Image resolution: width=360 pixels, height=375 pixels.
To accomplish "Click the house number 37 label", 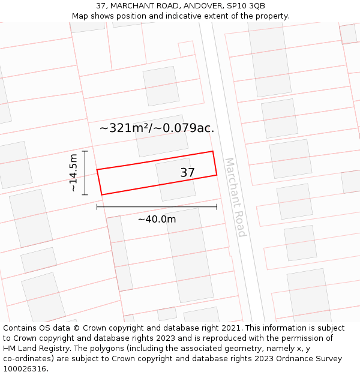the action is pos(188,173).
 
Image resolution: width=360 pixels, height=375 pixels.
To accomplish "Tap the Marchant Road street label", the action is pos(235,197).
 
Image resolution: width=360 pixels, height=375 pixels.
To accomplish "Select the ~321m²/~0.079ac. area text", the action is pos(157,128).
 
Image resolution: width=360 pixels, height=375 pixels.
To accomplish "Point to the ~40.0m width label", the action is pos(157,219).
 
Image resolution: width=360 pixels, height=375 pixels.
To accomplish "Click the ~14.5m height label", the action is pos(73,173).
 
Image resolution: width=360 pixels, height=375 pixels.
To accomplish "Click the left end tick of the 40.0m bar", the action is pos(97,207).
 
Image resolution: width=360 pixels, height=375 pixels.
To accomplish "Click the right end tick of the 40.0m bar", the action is pos(217,207).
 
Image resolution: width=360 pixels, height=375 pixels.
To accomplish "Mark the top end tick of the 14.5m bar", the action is pos(85,151).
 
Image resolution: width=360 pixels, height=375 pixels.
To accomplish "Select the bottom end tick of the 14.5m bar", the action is pos(85,194).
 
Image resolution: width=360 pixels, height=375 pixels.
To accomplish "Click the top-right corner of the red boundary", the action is pos(213,151).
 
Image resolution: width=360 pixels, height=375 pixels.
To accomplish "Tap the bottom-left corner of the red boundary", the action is pos(101,194).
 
